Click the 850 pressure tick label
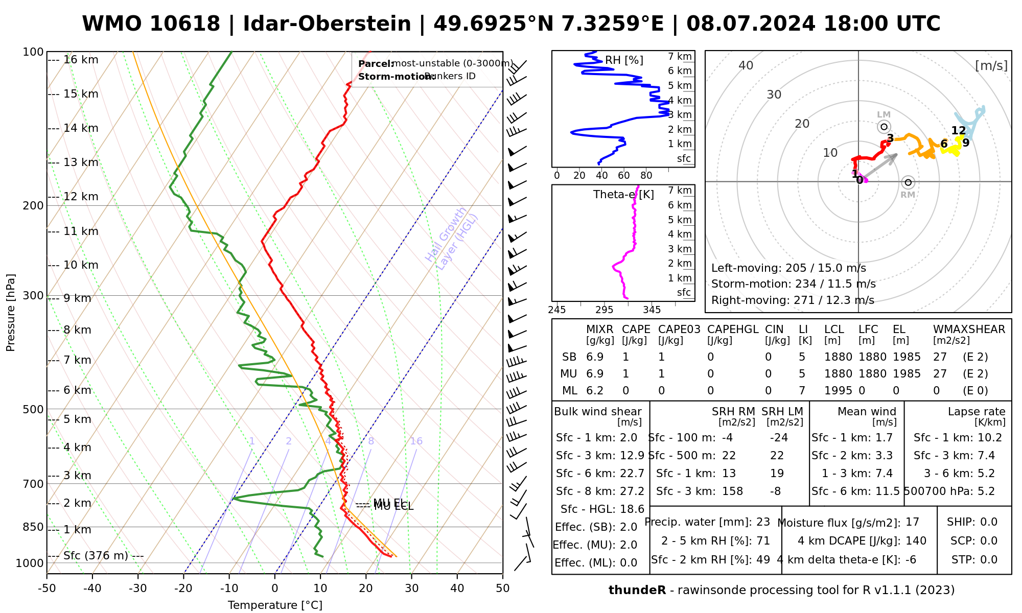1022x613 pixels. pos(34,527)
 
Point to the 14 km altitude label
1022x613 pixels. pos(81,128)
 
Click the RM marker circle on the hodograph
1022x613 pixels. pos(908,182)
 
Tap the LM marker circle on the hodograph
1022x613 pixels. pos(884,127)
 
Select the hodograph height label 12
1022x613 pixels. pos(958,131)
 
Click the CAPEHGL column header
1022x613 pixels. pos(732,329)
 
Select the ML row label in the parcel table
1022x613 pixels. pos(569,391)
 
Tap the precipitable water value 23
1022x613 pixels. pos(763,522)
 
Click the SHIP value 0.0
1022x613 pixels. pos(989,522)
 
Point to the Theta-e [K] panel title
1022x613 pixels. pos(623,195)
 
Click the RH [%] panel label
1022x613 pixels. pos(624,60)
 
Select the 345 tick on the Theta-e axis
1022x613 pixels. pos(652,310)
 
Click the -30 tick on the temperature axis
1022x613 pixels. pos(137,588)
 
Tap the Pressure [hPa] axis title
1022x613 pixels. pos(11,313)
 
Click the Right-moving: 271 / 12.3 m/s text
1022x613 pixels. pos(793,300)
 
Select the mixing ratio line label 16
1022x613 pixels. pos(416,441)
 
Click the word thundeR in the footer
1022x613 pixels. pos(637,591)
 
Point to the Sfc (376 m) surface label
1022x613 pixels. pos(96,556)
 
